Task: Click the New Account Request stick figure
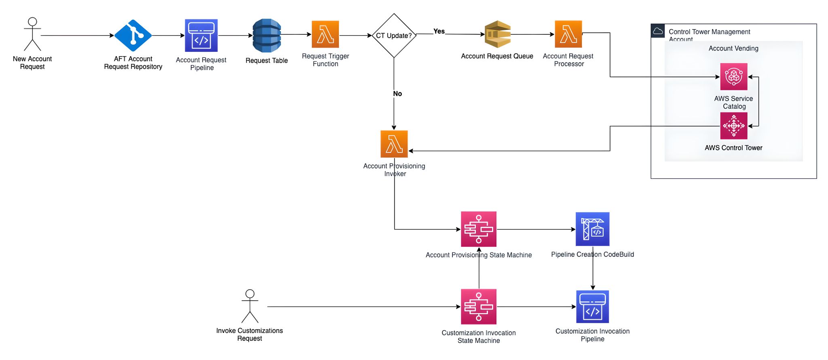[32, 34]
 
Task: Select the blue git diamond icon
[133, 36]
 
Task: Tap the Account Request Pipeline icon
[201, 36]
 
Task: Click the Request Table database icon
[267, 36]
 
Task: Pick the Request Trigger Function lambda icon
[325, 34]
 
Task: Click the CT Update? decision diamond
[394, 36]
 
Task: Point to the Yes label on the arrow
[439, 31]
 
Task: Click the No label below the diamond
[397, 93]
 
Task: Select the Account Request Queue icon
[498, 34]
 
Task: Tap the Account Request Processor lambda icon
[568, 34]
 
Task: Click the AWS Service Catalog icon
[734, 76]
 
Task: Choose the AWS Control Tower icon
[734, 126]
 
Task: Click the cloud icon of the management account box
[658, 31]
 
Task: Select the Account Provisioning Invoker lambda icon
[394, 144]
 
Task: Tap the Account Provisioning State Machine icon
[479, 229]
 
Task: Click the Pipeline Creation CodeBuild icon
[593, 229]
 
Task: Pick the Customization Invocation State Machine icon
[479, 307]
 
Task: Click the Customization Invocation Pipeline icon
[593, 307]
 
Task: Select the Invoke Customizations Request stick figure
[250, 306]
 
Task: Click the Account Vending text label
[733, 49]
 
